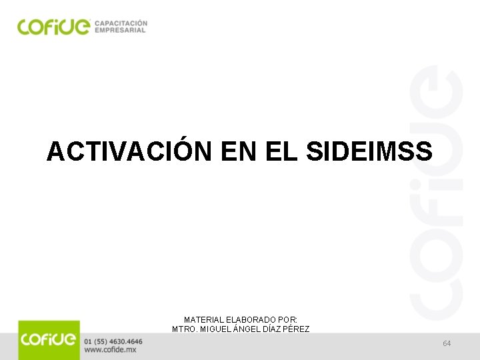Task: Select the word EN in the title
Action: point(239,151)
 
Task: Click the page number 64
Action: point(447,343)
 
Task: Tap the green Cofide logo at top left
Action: point(53,26)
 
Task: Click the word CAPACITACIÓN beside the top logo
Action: point(121,22)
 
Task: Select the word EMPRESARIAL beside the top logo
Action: point(120,30)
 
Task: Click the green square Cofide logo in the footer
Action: point(49,340)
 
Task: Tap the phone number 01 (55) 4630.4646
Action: point(113,341)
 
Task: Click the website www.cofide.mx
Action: point(111,349)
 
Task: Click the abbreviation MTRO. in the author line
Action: point(185,329)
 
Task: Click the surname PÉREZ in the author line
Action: point(296,329)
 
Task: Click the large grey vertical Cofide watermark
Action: point(437,193)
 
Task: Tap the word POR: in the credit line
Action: point(287,320)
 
